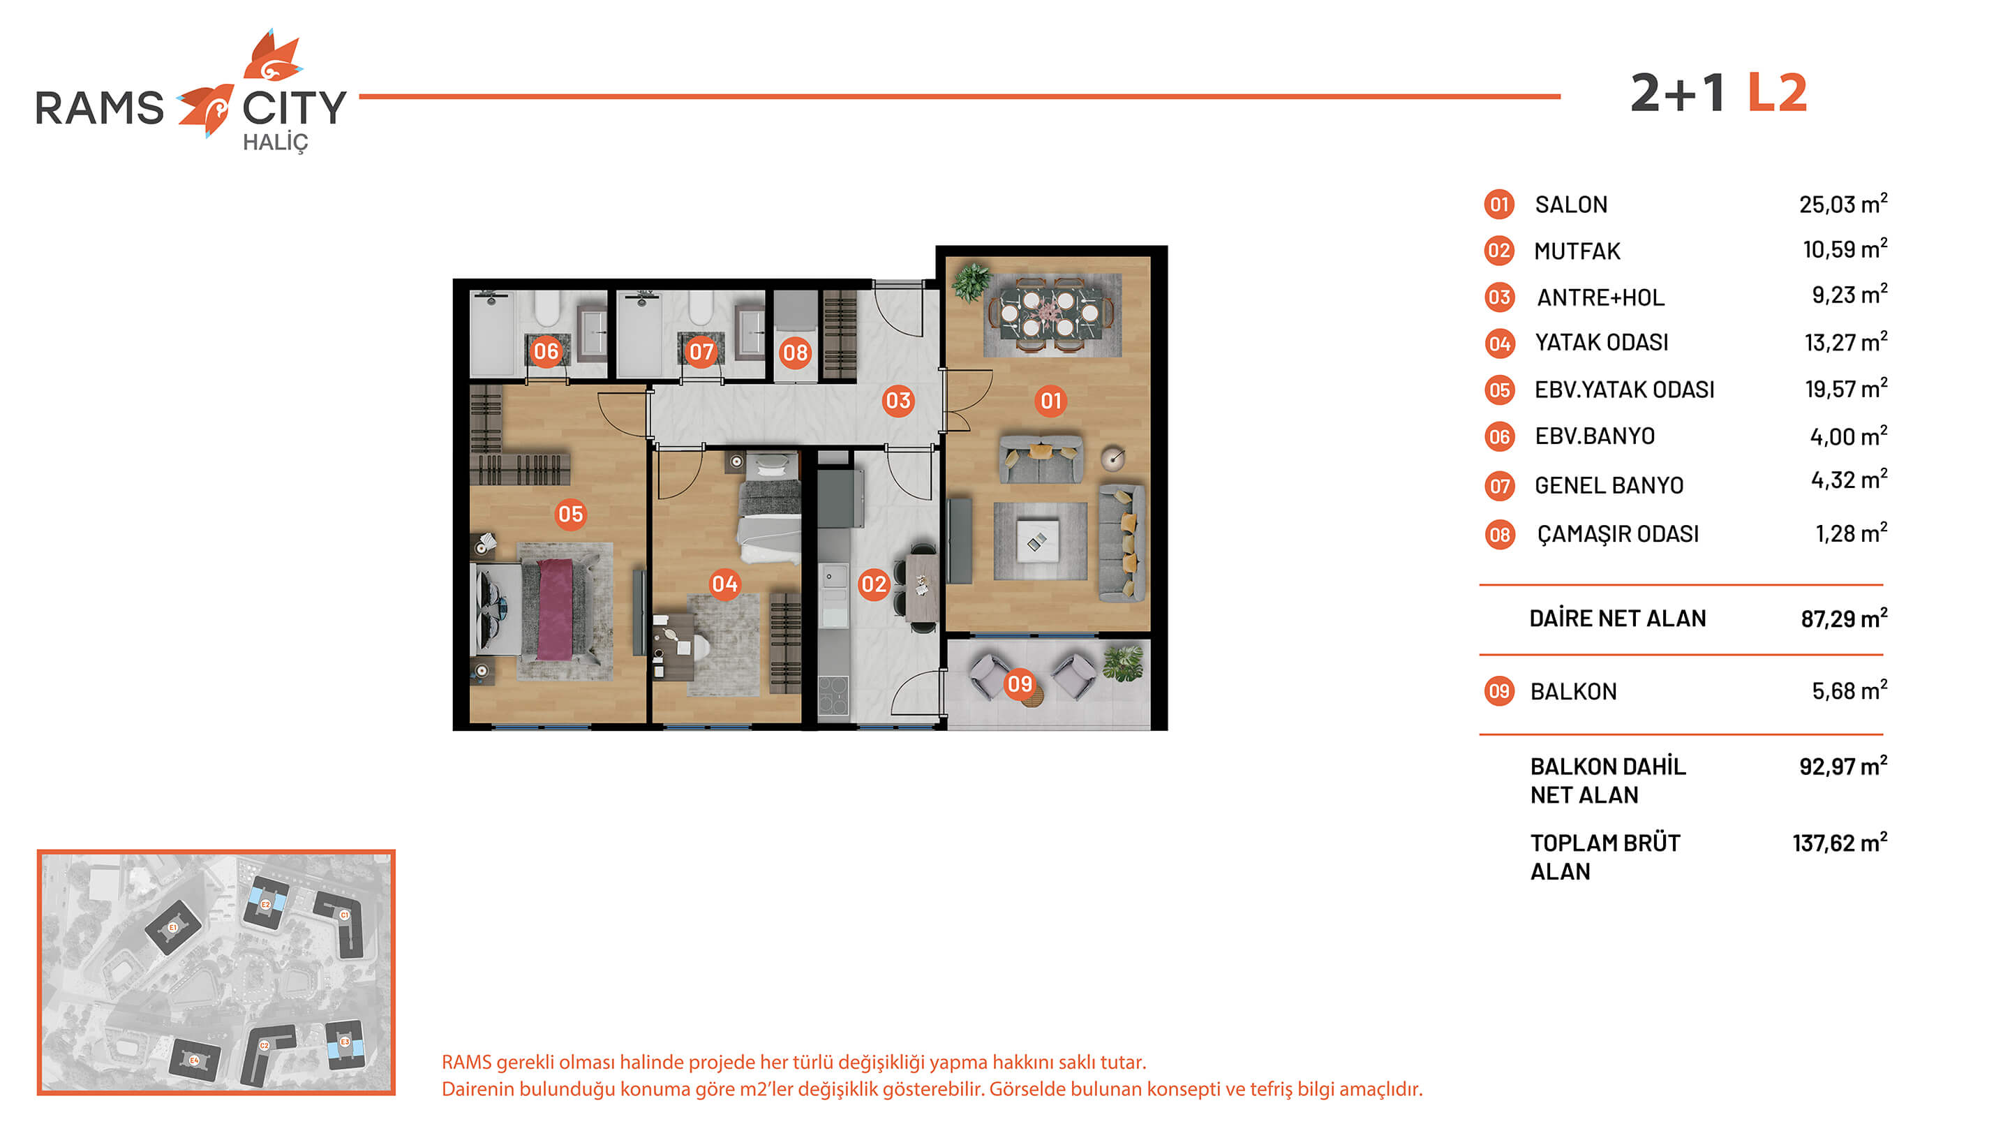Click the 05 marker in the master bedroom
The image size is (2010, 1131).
pyautogui.click(x=570, y=515)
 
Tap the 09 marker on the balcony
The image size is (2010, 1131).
pyautogui.click(x=1020, y=684)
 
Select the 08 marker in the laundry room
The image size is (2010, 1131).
pyautogui.click(x=795, y=353)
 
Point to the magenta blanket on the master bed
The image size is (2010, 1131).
pyautogui.click(x=556, y=608)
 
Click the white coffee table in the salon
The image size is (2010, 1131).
pyautogui.click(x=1038, y=541)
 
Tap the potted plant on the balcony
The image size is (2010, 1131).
pyautogui.click(x=1124, y=663)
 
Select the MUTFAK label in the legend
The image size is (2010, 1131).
pyautogui.click(x=1577, y=251)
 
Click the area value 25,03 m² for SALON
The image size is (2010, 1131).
pyautogui.click(x=1843, y=204)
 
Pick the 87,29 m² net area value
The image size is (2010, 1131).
pyautogui.click(x=1844, y=618)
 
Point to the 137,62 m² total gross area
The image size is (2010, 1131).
pyautogui.click(x=1840, y=842)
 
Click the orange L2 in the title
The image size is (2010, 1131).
pyautogui.click(x=1778, y=94)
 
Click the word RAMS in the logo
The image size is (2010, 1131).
pyautogui.click(x=100, y=108)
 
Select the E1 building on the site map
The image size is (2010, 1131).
pyautogui.click(x=173, y=926)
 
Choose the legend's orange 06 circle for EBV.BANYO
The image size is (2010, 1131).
pyautogui.click(x=1499, y=437)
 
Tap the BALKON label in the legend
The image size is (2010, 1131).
pyautogui.click(x=1573, y=692)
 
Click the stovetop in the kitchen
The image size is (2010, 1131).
pyautogui.click(x=833, y=694)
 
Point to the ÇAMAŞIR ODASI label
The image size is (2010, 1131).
pyautogui.click(x=1618, y=534)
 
